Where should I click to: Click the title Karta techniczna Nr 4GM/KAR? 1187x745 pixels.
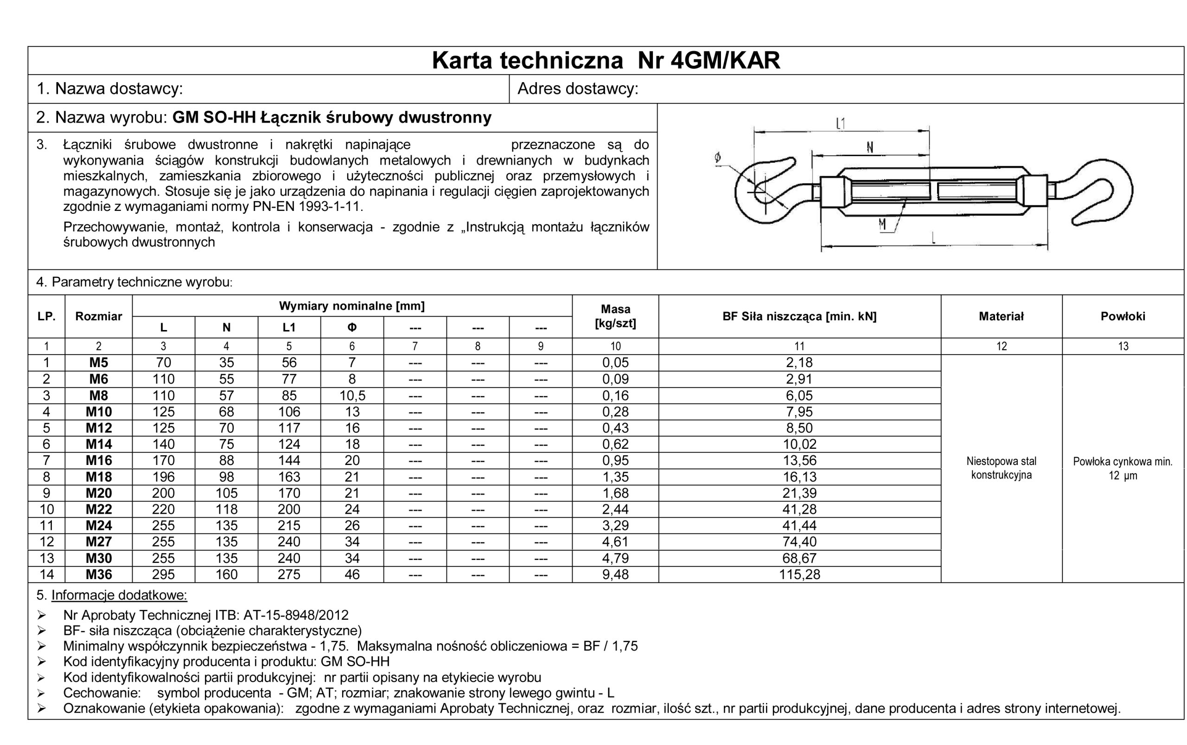point(606,61)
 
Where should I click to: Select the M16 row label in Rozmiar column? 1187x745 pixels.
point(99,460)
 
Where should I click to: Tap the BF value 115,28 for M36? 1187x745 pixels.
point(799,574)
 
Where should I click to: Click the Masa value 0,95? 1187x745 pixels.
point(615,460)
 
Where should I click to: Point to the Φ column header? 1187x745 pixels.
point(351,328)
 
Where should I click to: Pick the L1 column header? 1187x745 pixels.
point(289,328)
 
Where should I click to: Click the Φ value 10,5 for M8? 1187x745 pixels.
point(351,395)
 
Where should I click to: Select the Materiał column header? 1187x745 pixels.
point(1001,316)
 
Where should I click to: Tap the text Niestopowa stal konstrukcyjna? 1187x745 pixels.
point(1001,468)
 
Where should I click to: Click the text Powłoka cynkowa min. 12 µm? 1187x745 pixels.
point(1122,469)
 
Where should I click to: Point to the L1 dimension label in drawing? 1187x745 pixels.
point(841,123)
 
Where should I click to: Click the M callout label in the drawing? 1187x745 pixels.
point(882,225)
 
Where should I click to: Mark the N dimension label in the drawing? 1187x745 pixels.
point(870,147)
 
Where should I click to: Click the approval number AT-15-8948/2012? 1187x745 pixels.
point(296,615)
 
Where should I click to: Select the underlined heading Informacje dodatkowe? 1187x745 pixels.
point(119,595)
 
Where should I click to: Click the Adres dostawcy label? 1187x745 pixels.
point(577,89)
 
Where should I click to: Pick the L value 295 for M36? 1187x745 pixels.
point(163,574)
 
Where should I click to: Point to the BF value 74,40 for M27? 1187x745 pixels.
point(799,541)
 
